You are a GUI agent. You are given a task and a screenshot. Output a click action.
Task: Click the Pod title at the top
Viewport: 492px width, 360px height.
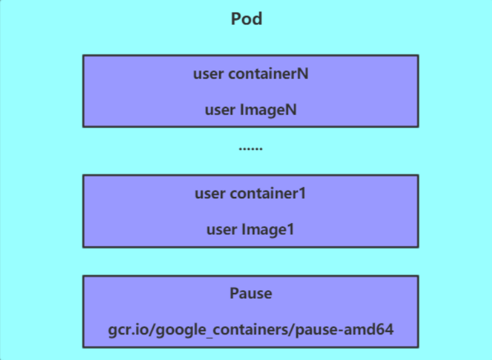click(x=247, y=19)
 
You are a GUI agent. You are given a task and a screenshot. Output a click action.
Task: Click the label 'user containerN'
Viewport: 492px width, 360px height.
click(x=250, y=74)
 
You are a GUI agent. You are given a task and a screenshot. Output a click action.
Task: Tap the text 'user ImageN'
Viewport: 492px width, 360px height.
click(x=250, y=109)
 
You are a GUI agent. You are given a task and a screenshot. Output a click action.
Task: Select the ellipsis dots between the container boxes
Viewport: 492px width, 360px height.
click(x=250, y=148)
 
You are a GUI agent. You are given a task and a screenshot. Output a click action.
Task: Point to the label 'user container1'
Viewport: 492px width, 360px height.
click(x=250, y=193)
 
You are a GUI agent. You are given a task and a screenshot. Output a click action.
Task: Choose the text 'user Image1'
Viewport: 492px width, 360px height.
click(x=250, y=229)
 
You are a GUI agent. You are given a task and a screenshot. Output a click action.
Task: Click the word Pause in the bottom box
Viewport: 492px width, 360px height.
click(x=250, y=293)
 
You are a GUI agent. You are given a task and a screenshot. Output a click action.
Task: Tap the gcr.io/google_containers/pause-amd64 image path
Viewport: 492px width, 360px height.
click(x=250, y=330)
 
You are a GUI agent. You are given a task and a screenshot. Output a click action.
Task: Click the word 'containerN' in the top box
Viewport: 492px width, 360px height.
click(x=268, y=74)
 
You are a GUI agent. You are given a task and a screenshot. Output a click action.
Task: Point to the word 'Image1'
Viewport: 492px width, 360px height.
click(x=268, y=229)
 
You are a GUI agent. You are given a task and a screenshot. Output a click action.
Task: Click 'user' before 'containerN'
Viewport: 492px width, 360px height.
click(x=208, y=74)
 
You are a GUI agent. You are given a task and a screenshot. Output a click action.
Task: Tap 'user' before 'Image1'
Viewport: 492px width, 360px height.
click(x=221, y=229)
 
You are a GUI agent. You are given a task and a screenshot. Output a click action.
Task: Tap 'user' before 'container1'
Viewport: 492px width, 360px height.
click(x=210, y=193)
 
